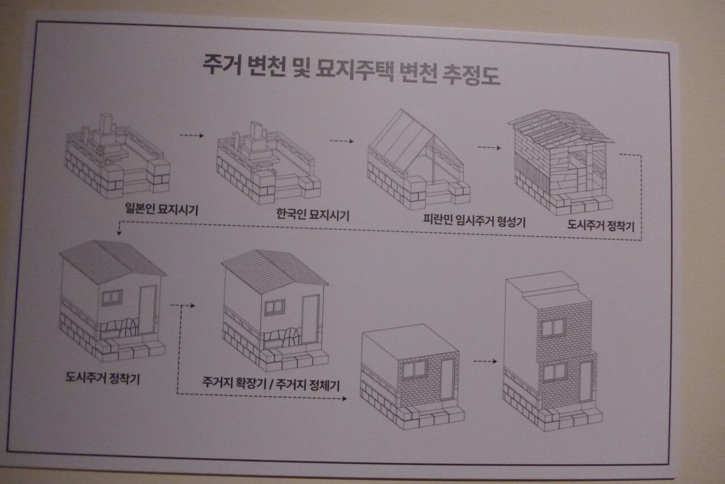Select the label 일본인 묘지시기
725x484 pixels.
[161, 209]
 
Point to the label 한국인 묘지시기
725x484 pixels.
[313, 215]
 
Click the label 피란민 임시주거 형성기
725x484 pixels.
[475, 221]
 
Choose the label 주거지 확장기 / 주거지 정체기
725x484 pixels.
[271, 384]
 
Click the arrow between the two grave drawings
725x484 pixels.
[192, 135]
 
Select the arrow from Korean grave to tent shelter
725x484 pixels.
[342, 141]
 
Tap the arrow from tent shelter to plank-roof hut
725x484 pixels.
[489, 148]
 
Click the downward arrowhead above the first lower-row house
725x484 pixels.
[119, 232]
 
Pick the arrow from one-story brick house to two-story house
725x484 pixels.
[485, 361]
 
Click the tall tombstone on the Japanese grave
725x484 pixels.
[106, 124]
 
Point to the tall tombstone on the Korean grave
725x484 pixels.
[257, 131]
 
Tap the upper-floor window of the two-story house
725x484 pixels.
[553, 328]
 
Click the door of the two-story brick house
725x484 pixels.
[586, 382]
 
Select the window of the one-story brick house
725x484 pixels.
[415, 369]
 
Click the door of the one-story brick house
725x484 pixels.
[447, 379]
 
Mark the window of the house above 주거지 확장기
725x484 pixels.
[275, 307]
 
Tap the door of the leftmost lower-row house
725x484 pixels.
[148, 310]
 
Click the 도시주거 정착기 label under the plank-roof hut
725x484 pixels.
[601, 225]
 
